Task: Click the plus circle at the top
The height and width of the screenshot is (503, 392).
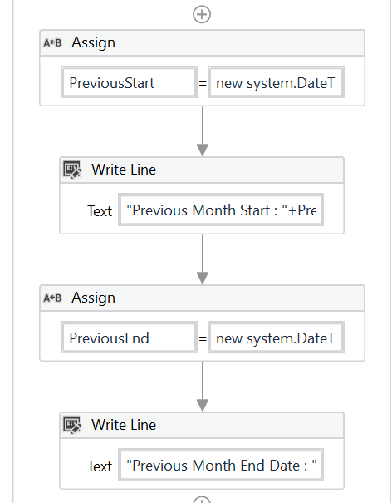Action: coord(202,14)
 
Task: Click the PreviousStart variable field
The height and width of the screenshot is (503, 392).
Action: coord(129,83)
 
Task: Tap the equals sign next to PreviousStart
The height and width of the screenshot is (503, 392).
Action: coord(202,83)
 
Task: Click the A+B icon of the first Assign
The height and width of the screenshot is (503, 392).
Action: coord(52,42)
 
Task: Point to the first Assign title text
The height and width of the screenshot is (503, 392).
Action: coord(93,42)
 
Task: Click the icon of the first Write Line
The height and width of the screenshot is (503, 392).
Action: coord(72,170)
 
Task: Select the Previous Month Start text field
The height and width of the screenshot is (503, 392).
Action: coord(222,210)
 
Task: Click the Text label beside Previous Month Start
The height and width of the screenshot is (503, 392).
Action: coord(100,211)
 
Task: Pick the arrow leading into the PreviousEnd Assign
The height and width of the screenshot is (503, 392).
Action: coord(202,259)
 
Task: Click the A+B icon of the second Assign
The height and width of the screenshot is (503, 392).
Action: coord(52,298)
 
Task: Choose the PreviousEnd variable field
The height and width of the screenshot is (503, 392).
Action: coord(129,338)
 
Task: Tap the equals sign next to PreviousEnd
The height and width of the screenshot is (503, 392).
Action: coord(202,338)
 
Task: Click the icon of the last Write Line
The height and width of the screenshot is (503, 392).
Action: coord(72,425)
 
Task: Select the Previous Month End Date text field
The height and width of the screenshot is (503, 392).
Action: coord(222,466)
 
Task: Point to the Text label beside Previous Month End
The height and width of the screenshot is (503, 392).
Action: coord(100,466)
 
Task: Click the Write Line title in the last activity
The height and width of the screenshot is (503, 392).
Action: coord(124,425)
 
